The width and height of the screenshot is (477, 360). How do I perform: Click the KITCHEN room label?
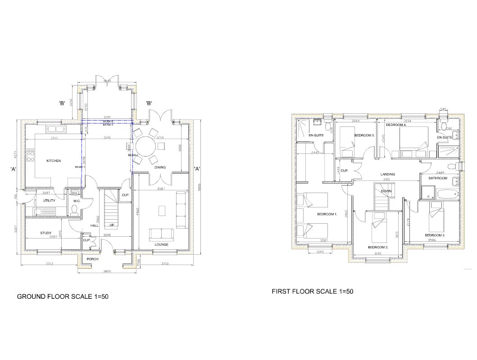click(54, 161)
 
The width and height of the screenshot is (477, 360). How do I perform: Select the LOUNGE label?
click(161, 244)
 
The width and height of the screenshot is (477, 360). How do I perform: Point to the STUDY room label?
click(45, 233)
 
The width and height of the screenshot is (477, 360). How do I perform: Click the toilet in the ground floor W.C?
click(75, 209)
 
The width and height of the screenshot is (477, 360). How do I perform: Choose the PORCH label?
click(92, 259)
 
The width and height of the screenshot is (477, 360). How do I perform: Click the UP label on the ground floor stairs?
click(111, 225)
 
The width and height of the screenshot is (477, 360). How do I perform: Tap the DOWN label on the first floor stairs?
click(386, 191)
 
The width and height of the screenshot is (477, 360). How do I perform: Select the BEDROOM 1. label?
click(327, 214)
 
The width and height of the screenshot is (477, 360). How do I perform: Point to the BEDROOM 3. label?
click(435, 235)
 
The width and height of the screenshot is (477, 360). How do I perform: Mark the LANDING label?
click(387, 174)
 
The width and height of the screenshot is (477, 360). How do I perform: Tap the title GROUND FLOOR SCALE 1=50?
click(63, 297)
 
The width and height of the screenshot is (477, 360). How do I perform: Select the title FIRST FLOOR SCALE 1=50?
click(313, 292)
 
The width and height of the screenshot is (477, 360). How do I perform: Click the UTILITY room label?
click(49, 200)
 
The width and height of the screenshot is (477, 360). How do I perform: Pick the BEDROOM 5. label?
click(364, 135)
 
